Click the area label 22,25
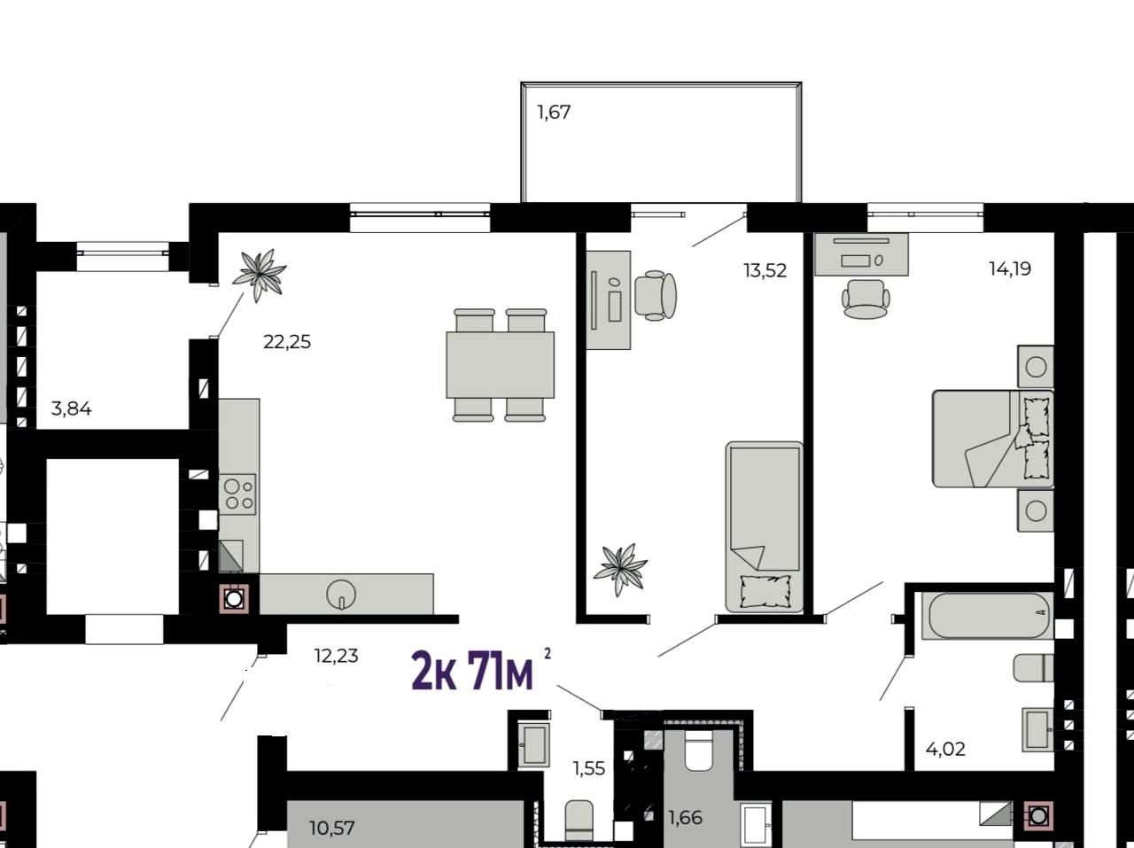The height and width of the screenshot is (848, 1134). click(287, 342)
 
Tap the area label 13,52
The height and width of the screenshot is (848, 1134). click(765, 271)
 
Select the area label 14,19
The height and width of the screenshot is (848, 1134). click(1010, 268)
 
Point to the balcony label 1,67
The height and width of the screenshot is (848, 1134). click(554, 113)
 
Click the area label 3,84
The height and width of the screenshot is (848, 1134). click(72, 409)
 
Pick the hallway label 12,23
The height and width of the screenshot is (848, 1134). click(337, 657)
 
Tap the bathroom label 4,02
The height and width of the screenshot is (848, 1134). click(945, 750)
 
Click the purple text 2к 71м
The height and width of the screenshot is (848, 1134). click(472, 671)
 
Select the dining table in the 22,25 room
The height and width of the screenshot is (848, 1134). click(500, 365)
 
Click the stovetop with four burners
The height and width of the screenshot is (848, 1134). click(237, 494)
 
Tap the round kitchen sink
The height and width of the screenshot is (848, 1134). click(341, 595)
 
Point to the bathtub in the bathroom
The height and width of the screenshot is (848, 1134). click(988, 616)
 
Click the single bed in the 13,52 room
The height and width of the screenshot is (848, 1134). click(765, 527)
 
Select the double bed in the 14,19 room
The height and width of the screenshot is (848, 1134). click(993, 439)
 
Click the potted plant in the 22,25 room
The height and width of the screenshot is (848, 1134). click(260, 274)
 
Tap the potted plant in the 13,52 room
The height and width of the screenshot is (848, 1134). click(620, 569)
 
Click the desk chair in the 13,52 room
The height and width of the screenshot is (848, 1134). click(655, 296)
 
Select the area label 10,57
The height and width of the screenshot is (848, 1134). click(332, 829)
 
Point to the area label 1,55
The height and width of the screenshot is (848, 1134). click(589, 768)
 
